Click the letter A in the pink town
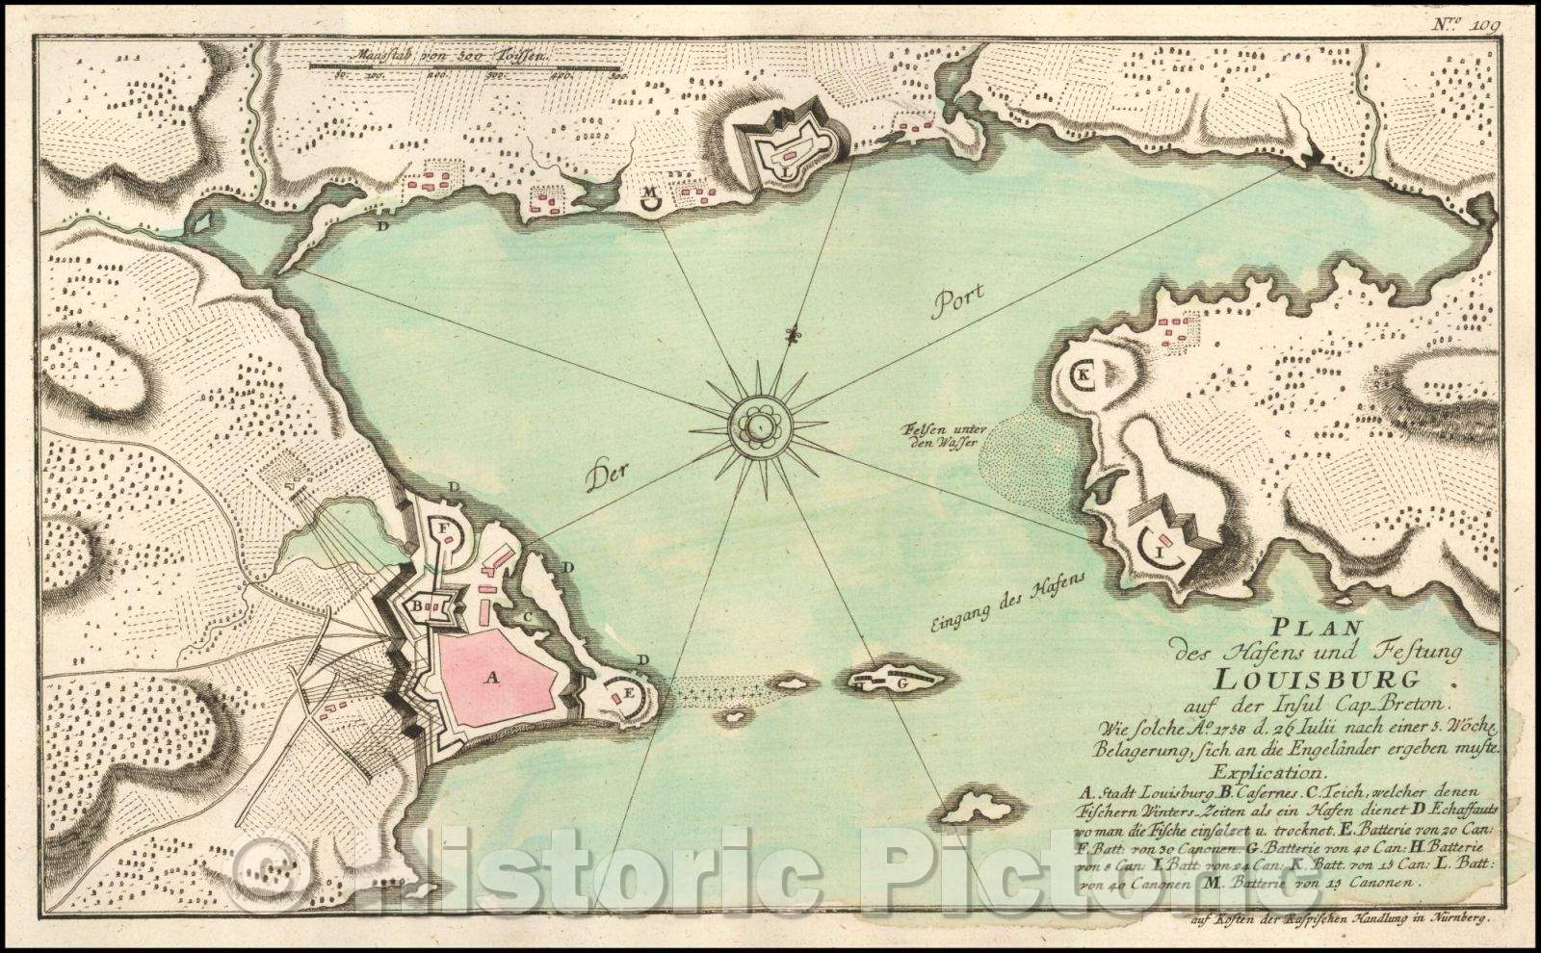pos(494,678)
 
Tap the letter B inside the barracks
pos(421,607)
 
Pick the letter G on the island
pos(901,683)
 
